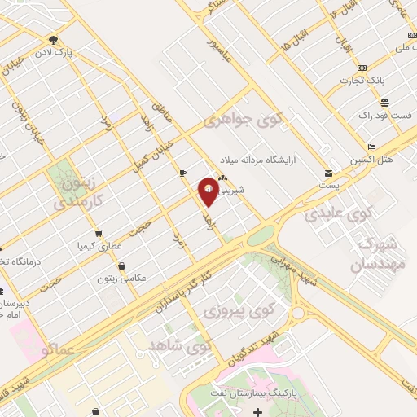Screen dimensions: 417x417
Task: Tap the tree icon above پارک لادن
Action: point(54,38)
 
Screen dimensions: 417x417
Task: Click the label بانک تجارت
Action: point(392,80)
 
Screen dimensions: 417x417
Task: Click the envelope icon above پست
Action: point(329,173)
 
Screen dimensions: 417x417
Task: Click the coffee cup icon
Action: point(182,173)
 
